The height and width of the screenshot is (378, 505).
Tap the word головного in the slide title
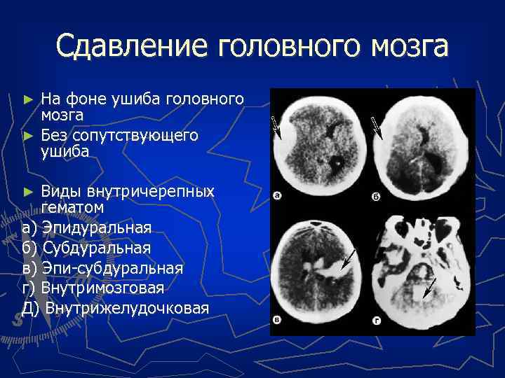[x=283, y=47]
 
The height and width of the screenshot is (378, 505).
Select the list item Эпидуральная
[x=96, y=228]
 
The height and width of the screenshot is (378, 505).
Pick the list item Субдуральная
[x=96, y=248]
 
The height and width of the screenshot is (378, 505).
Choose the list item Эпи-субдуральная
[x=112, y=269]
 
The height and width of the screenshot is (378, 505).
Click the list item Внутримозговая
[x=102, y=288]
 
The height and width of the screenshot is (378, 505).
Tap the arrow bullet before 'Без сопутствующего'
[x=28, y=134]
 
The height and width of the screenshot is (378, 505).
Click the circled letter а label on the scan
[x=278, y=197]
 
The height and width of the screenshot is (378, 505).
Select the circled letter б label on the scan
[x=376, y=197]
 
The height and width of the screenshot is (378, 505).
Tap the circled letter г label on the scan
[x=377, y=321]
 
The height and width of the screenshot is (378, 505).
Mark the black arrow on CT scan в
[x=346, y=260]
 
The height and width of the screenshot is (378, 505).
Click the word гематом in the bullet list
[x=72, y=208]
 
